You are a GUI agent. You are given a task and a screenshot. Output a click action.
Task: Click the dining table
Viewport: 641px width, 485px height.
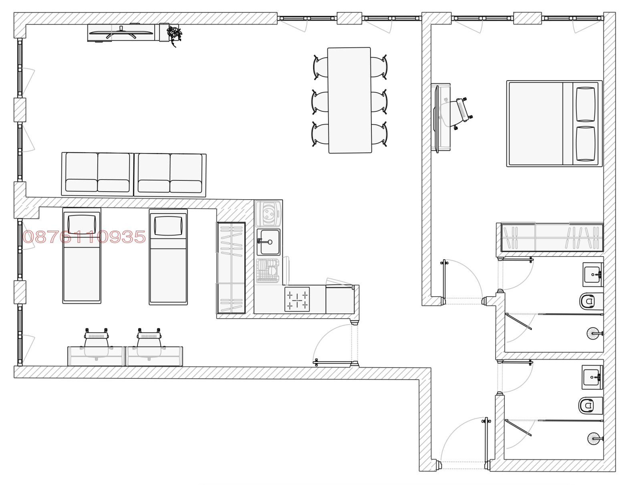click(x=349, y=100)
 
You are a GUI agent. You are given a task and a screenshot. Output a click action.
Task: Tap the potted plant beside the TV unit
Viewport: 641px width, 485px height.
click(x=174, y=34)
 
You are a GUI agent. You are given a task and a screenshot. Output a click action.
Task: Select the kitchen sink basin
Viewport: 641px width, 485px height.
click(x=268, y=242)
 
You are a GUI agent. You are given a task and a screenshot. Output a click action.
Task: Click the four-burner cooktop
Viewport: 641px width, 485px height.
click(x=297, y=299)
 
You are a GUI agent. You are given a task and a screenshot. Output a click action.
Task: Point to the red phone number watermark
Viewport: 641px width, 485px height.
click(x=84, y=236)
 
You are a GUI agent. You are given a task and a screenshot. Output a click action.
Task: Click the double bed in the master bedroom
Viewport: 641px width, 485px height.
click(x=554, y=123)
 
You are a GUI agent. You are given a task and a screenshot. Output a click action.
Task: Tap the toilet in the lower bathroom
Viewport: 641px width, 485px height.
click(x=590, y=405)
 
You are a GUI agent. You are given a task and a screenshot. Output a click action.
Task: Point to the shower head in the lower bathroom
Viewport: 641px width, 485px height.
click(x=594, y=439)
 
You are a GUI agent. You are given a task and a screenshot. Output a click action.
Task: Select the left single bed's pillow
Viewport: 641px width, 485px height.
click(x=82, y=224)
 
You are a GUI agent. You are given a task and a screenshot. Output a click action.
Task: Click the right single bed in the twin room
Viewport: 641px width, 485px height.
click(x=168, y=257)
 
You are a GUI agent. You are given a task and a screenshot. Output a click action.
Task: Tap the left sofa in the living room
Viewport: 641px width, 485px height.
click(x=97, y=174)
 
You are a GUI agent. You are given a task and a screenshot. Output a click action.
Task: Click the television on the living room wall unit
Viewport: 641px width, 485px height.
click(x=121, y=33)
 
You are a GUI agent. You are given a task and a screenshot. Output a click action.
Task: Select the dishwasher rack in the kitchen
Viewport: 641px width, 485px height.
click(x=268, y=271)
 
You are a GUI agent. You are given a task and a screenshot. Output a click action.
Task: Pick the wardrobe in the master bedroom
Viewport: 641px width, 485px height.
click(x=552, y=237)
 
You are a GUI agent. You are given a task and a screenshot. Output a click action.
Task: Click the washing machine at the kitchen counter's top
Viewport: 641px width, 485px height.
click(x=268, y=214)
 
